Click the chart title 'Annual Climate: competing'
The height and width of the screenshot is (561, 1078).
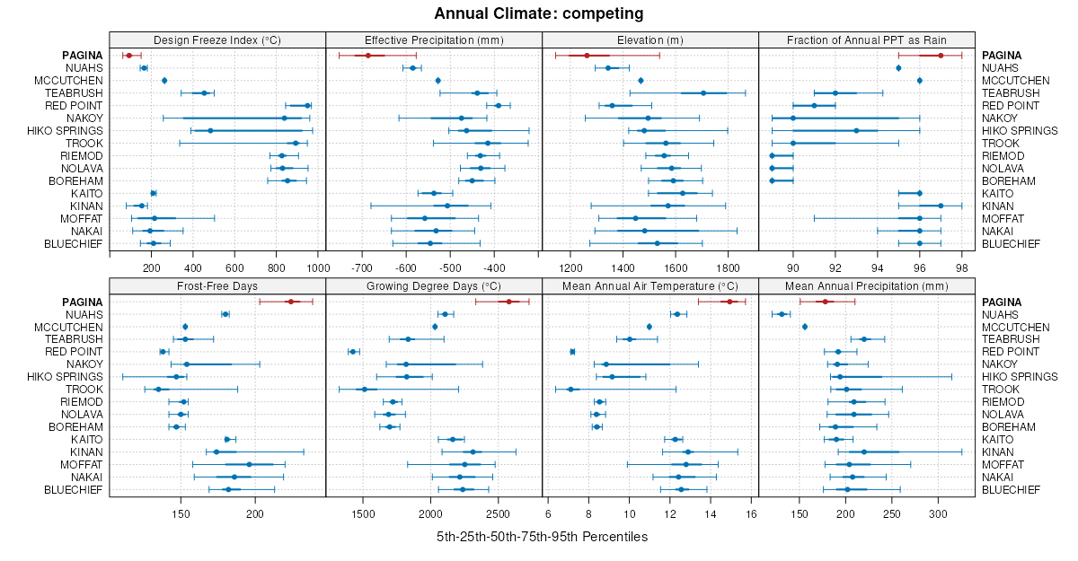pyautogui.click(x=539, y=13)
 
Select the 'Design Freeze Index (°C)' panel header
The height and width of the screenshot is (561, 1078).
pyautogui.click(x=217, y=39)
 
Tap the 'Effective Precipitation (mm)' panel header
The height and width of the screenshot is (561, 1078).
pyautogui.click(x=434, y=39)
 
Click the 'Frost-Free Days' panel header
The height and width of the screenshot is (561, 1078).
pyautogui.click(x=217, y=286)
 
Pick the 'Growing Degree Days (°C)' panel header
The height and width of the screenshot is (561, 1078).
pyautogui.click(x=434, y=286)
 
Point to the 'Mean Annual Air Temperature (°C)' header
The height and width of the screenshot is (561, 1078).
pyautogui.click(x=650, y=286)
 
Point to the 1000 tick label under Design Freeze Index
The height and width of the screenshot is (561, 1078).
pyautogui.click(x=317, y=267)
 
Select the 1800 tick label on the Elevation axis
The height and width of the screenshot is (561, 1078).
pyautogui.click(x=728, y=267)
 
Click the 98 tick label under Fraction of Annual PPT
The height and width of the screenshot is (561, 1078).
pyautogui.click(x=961, y=267)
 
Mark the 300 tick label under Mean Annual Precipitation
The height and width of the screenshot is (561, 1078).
pyautogui.click(x=939, y=513)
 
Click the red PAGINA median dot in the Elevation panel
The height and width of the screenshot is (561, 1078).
pyautogui.click(x=587, y=56)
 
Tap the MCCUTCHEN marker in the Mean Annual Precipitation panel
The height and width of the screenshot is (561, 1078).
pyautogui.click(x=805, y=327)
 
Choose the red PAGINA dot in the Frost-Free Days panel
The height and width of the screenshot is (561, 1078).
pyautogui.click(x=290, y=302)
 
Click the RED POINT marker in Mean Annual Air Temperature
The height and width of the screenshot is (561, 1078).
pyautogui.click(x=572, y=352)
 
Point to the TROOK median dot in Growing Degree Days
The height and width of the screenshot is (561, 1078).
pyautogui.click(x=365, y=390)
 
